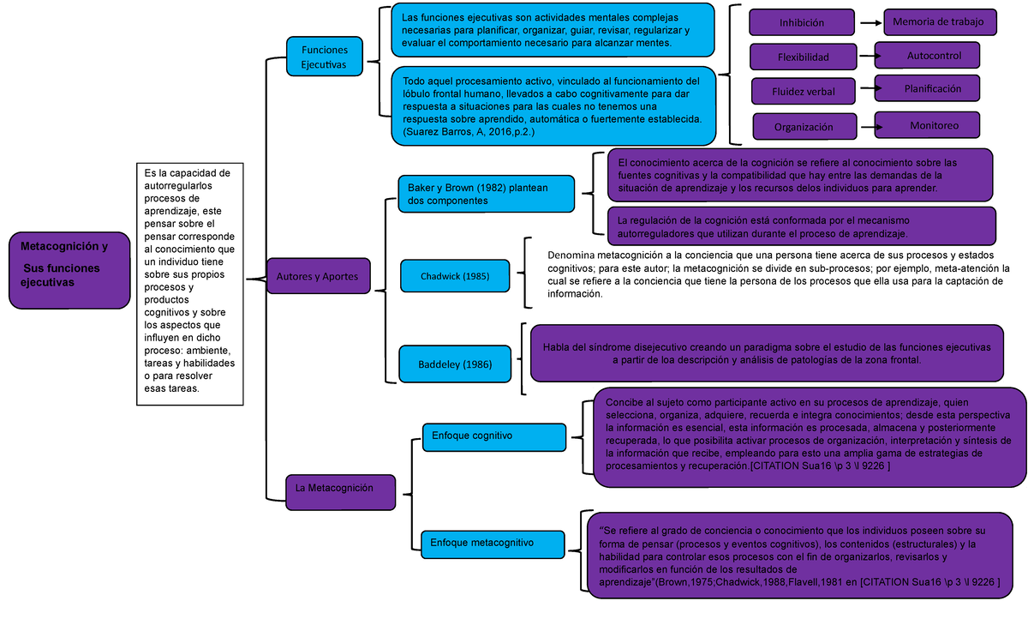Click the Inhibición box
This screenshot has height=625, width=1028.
802,23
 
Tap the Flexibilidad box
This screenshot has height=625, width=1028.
803,57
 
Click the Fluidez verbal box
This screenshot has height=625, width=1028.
803,91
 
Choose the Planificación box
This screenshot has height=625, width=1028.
933,88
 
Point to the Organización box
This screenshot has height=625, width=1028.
804,127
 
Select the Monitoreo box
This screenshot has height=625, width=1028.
933,125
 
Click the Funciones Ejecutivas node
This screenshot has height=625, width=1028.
325,57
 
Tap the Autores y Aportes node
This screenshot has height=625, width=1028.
318,276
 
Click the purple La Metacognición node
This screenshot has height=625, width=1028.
340,488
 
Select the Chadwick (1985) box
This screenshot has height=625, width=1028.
455,277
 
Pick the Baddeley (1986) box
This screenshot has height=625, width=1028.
455,364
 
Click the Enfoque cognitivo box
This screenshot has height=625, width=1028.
494,436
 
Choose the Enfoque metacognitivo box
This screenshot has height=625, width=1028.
493,543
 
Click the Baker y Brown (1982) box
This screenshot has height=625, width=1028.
485,193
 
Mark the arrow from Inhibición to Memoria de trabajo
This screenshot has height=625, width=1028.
870,23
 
